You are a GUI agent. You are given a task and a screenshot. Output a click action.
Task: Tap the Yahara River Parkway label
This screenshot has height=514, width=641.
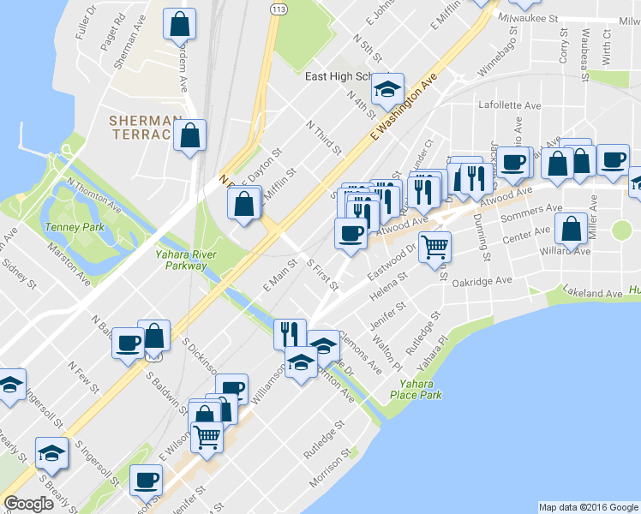[181, 260]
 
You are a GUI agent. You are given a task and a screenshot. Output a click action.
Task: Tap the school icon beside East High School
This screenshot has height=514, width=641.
[387, 87]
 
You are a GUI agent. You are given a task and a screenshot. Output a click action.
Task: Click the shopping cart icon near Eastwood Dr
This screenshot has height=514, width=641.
[436, 246]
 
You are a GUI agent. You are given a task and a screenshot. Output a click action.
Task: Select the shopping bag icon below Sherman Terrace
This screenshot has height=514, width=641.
[189, 135]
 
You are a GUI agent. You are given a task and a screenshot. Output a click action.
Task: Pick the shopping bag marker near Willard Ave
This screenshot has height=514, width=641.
[571, 229]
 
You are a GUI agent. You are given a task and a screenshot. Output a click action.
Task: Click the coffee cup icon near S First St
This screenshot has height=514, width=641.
[350, 233]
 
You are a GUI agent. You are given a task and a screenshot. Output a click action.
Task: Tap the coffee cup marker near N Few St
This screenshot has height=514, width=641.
[128, 343]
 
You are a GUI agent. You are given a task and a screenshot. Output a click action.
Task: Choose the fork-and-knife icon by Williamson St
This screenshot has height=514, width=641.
[290, 332]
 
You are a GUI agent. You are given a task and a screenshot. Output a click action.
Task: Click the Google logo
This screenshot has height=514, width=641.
[28, 504]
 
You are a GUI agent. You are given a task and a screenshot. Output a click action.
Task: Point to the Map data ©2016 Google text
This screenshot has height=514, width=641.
[588, 507]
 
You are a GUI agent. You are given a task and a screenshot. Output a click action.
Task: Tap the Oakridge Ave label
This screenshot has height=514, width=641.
[482, 281]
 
